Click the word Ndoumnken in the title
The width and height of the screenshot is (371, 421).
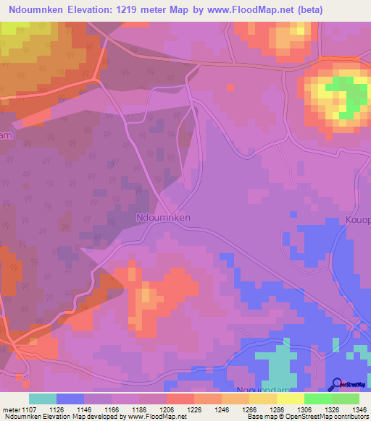(35, 9)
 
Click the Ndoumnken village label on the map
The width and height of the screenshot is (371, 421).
(163, 216)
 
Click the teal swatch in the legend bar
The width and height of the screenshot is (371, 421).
(43, 398)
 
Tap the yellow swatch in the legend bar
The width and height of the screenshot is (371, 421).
(290, 398)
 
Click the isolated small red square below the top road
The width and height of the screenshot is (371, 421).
(231, 87)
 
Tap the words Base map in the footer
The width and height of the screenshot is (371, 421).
(259, 417)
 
